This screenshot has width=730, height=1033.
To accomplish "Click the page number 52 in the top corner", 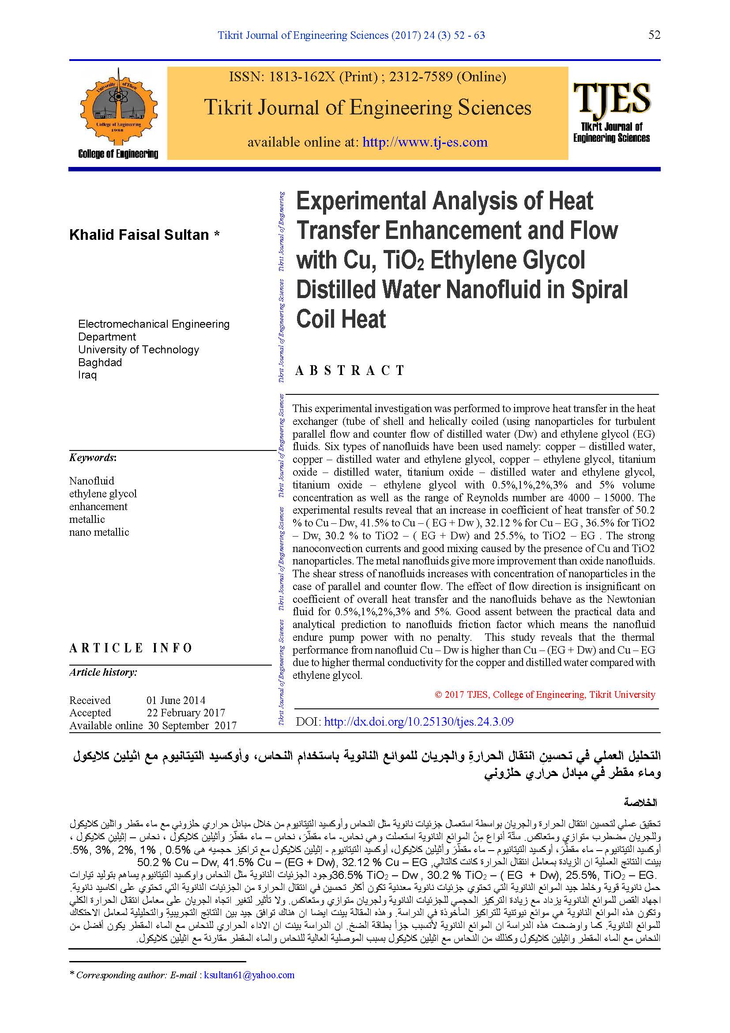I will pyautogui.click(x=654, y=35).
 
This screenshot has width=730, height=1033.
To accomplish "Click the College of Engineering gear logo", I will pyautogui.click(x=119, y=107).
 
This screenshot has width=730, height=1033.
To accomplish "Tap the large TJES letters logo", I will pyautogui.click(x=611, y=98).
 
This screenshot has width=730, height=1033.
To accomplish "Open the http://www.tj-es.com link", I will pyautogui.click(x=425, y=143).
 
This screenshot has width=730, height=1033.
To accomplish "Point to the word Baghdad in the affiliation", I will pyautogui.click(x=100, y=362).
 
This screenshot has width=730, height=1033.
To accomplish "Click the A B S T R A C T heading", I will pyautogui.click(x=350, y=370).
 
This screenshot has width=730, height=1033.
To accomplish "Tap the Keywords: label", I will pyautogui.click(x=93, y=458).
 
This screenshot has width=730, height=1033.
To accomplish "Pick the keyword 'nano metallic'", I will pyautogui.click(x=99, y=532).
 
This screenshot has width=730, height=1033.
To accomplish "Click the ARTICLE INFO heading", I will pyautogui.click(x=130, y=648).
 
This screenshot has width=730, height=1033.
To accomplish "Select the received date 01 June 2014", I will pyautogui.click(x=176, y=700).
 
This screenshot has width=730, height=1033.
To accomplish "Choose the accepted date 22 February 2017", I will pyautogui.click(x=186, y=713).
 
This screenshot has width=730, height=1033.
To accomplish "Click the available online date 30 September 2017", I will pyautogui.click(x=192, y=725).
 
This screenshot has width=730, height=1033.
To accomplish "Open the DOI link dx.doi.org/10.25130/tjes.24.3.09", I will pyautogui.click(x=418, y=722).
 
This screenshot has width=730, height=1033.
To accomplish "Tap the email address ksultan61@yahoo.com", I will pyautogui.click(x=249, y=975).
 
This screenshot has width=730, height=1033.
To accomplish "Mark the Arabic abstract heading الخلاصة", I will pyautogui.click(x=640, y=802).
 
